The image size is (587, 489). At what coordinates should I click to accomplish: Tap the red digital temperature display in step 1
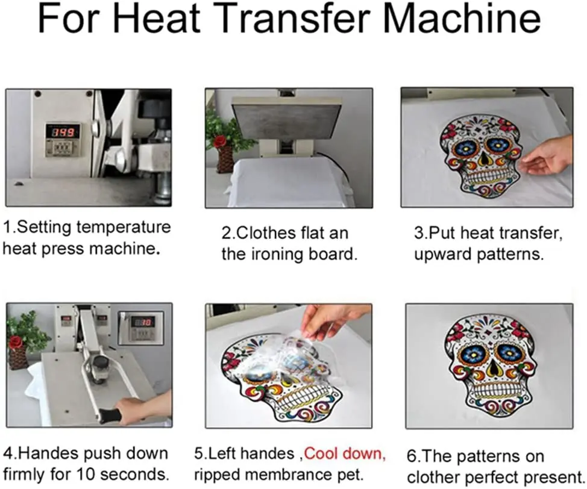coord(63,132)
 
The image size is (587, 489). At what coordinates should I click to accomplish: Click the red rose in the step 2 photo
coord(220,141)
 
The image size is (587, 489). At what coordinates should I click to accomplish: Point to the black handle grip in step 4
coord(108,416)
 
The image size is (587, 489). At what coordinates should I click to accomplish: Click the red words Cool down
coord(344,453)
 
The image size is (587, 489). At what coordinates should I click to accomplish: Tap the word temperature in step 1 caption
coord(124,228)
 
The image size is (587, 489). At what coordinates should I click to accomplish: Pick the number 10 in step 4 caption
coord(86,475)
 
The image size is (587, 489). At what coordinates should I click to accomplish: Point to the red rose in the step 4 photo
coord(15,341)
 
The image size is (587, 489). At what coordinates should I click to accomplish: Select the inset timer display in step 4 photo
coord(141,328)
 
